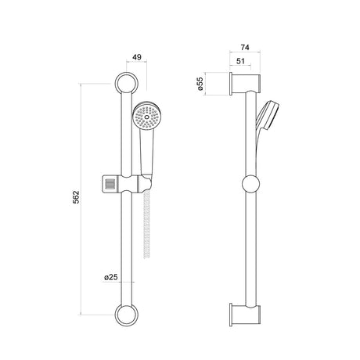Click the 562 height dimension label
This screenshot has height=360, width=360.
coord(76,197)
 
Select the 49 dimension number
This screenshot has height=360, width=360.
coord(137,57)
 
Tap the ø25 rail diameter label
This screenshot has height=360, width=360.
coord(111,277)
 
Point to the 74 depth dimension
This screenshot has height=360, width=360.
coord(245,48)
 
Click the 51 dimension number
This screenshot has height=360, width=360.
coord(240,61)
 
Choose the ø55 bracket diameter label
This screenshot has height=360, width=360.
coord(200,84)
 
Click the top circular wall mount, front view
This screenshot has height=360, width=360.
coord(127,84)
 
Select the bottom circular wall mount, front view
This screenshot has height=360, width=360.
coord(127,315)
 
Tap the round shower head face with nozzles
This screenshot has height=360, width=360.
coord(146,117)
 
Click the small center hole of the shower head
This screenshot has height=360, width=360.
coord(146,117)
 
